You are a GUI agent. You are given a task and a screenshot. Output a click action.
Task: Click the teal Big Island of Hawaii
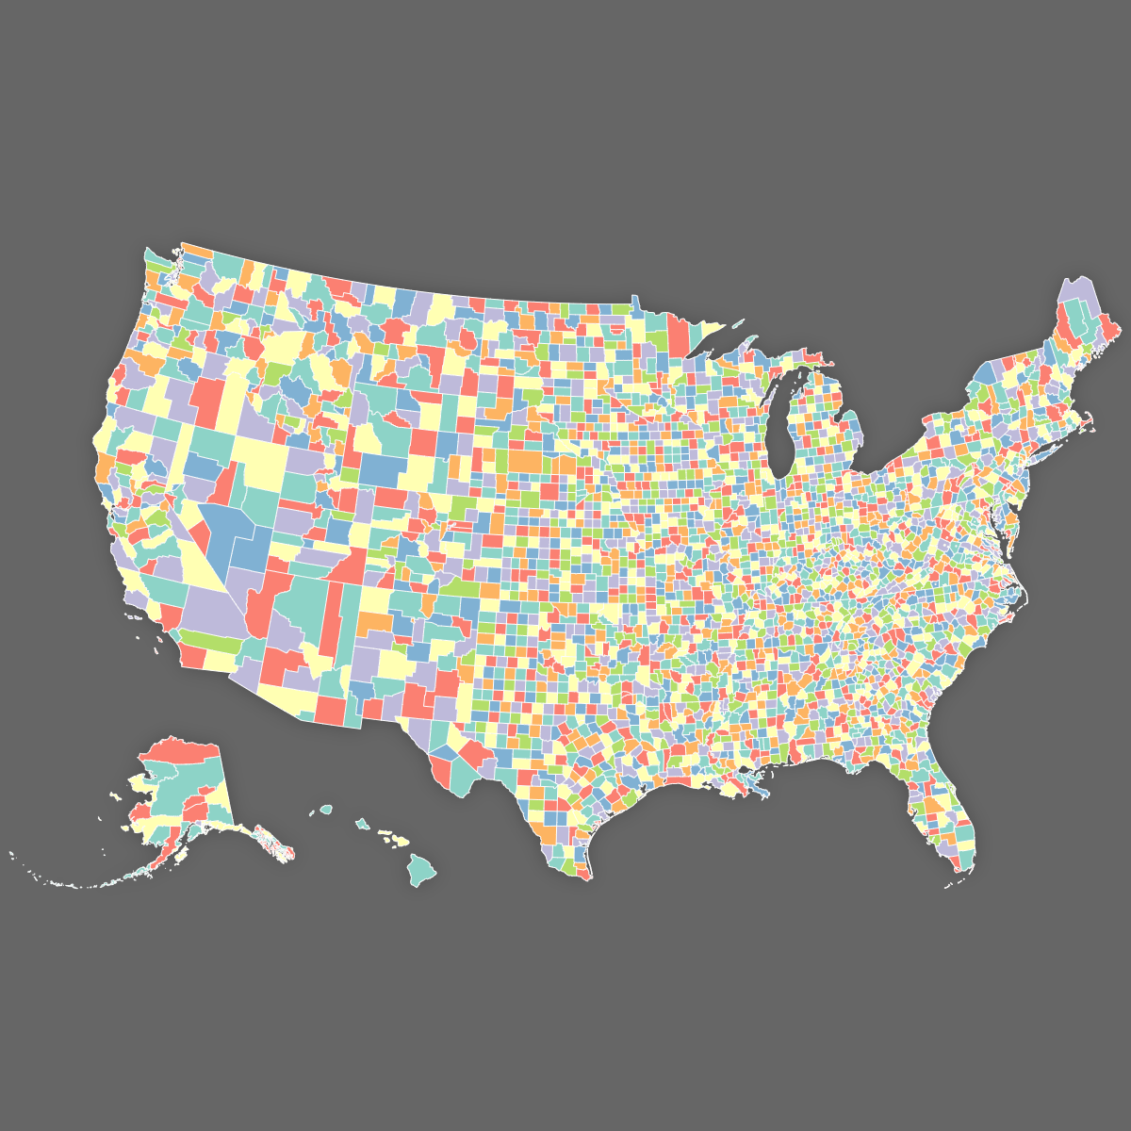[421, 868]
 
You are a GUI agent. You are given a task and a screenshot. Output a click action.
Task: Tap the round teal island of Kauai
[326, 809]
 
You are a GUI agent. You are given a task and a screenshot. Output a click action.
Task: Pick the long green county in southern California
[207, 643]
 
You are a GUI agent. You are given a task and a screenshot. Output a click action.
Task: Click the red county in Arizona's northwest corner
[266, 603]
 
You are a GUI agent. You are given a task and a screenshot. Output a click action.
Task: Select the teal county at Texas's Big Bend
[462, 778]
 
